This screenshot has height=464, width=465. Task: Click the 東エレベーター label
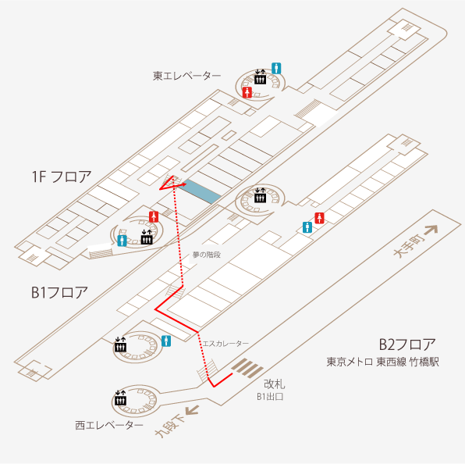click(186, 76)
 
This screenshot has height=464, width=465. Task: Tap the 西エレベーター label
click(109, 425)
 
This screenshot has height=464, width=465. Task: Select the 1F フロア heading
click(62, 177)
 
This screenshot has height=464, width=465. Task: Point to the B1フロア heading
click(59, 292)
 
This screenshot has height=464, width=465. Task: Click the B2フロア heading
click(407, 344)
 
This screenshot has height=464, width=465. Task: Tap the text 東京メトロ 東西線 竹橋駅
click(382, 362)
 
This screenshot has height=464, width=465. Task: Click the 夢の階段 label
click(207, 255)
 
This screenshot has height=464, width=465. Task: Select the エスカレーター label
click(225, 344)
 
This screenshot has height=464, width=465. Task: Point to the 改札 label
click(275, 384)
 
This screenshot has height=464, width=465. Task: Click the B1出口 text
click(270, 397)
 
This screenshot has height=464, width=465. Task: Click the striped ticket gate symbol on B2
click(247, 368)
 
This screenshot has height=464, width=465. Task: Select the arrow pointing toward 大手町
click(431, 230)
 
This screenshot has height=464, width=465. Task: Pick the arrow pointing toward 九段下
click(192, 411)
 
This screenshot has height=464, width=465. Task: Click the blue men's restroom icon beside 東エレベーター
click(276, 68)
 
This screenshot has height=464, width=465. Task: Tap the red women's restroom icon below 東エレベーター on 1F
click(247, 92)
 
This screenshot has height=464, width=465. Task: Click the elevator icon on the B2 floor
click(120, 398)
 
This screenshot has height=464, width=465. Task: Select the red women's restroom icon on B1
click(319, 218)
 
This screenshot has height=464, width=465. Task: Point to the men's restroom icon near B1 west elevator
click(166, 341)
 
